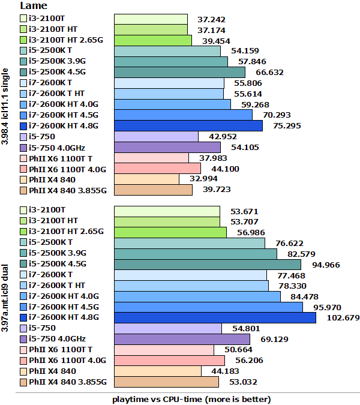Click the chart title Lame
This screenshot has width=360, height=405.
pyautogui.click(x=33, y=5)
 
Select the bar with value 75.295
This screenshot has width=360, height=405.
pyautogui.click(x=188, y=125)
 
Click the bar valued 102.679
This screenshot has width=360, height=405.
pyautogui.click(x=215, y=317)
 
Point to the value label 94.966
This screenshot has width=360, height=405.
pyautogui.click(x=326, y=264)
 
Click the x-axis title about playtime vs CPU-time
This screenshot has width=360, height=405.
pyautogui.click(x=191, y=399)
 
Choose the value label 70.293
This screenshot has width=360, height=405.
pyautogui.click(x=269, y=115)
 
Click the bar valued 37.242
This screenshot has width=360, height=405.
pyautogui.click(x=151, y=19)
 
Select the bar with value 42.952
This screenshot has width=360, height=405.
pyautogui.click(x=156, y=136)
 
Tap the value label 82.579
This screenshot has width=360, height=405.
pyautogui.click(x=310, y=253)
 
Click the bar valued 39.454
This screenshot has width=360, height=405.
pyautogui.click(x=153, y=40)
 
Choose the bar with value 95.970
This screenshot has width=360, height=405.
pyautogui.click(x=208, y=307)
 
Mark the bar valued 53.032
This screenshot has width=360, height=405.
pyautogui.click(x=166, y=382)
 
